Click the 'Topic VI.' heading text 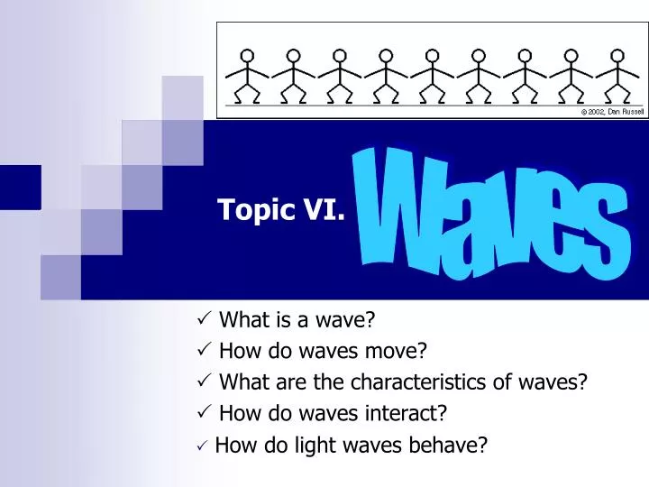click(x=280, y=211)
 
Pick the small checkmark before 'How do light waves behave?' click(x=203, y=445)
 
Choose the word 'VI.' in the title click(x=327, y=211)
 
